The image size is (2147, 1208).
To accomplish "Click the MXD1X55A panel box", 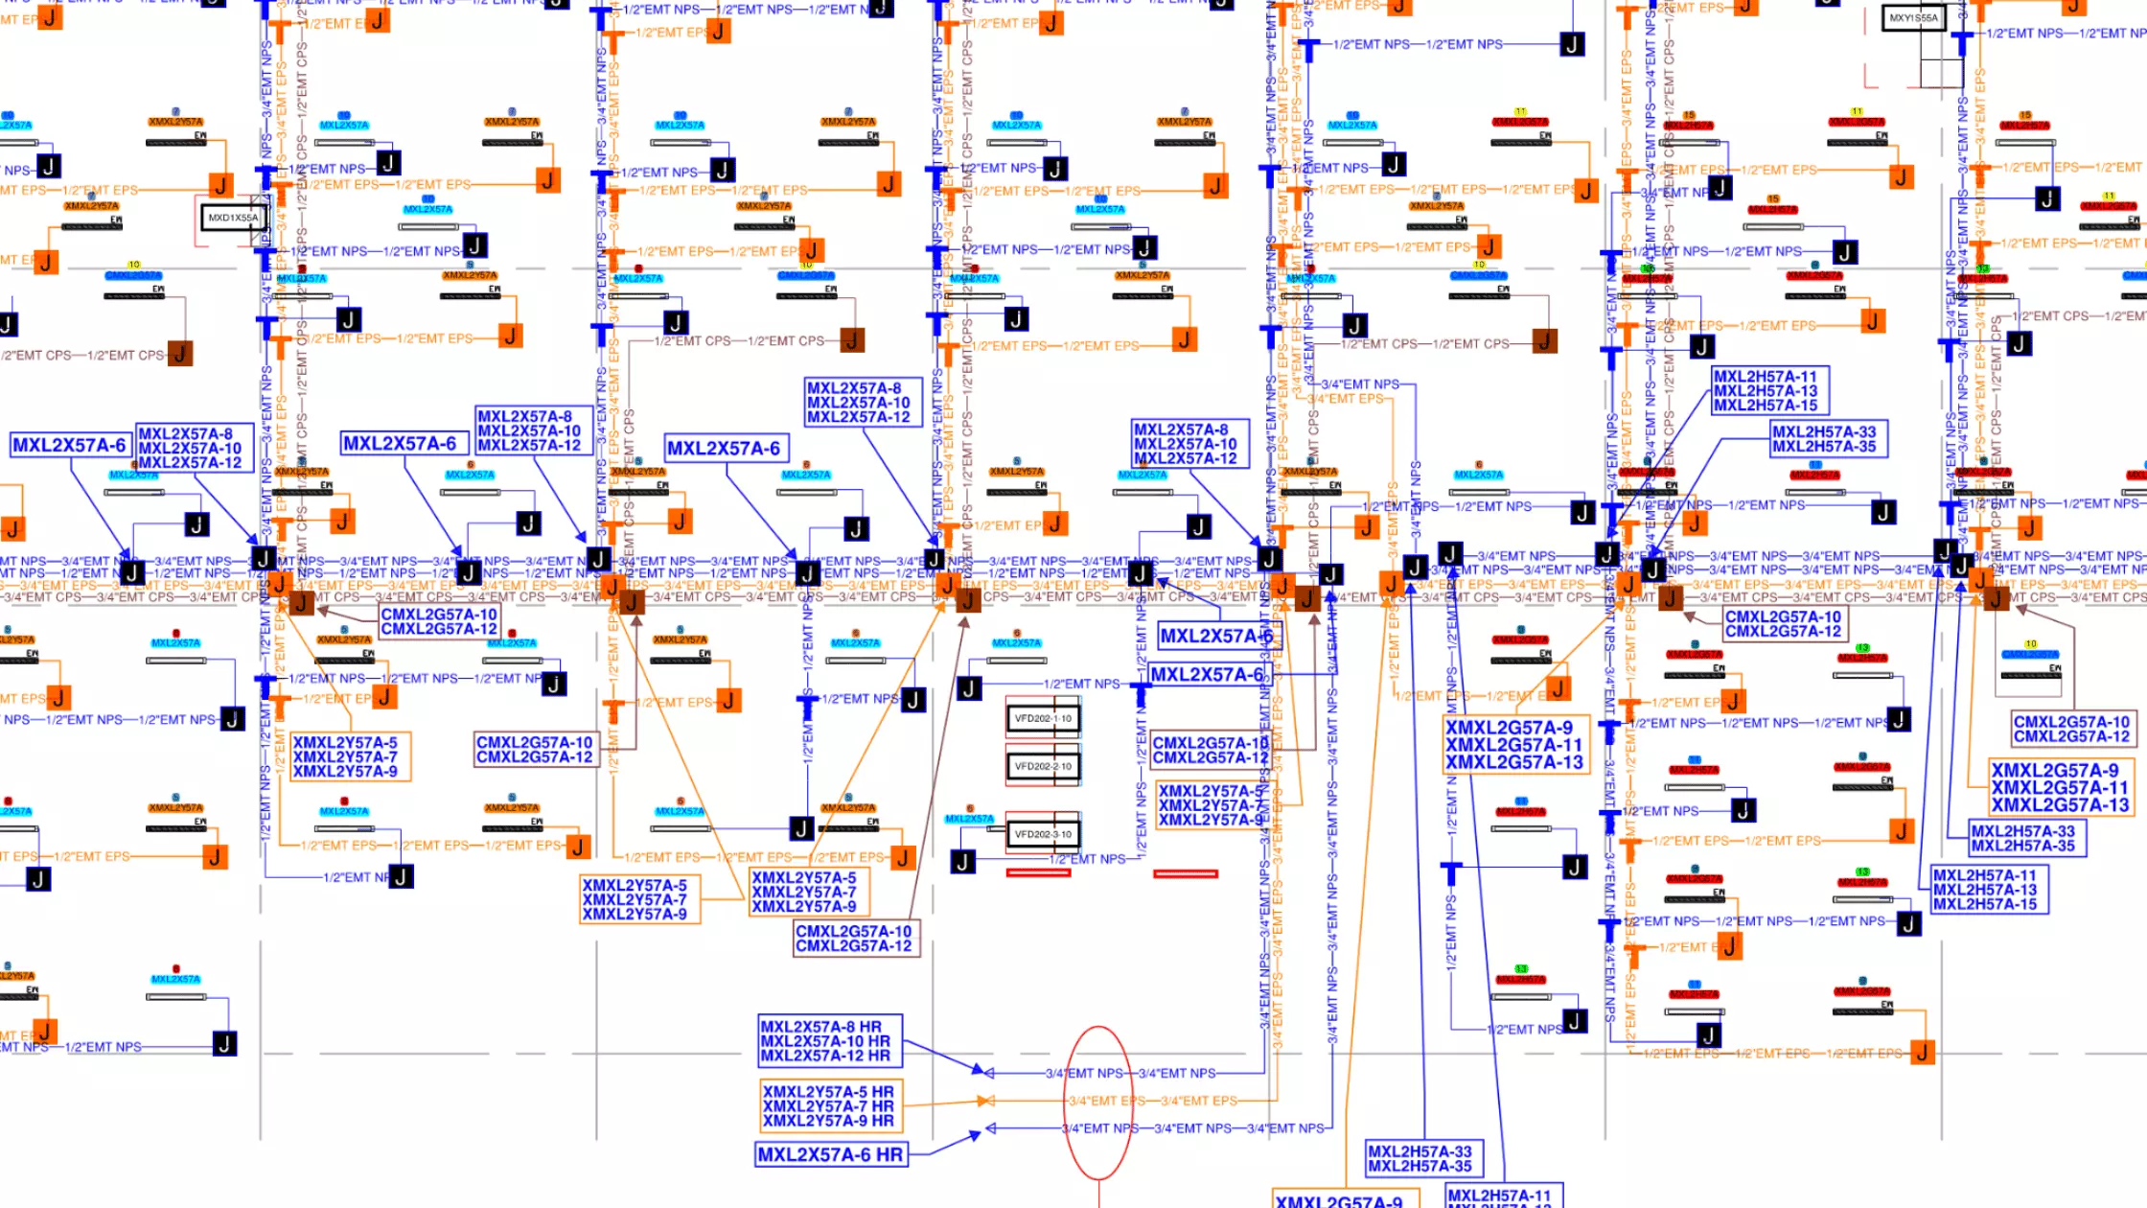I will coord(233,218).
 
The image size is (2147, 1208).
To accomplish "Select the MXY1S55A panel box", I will coord(1913,17).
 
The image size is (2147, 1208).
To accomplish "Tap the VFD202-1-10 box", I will coord(1043,718).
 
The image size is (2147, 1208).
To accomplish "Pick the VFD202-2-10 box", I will coord(1043,766).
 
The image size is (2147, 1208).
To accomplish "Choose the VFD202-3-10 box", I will coord(1043,834).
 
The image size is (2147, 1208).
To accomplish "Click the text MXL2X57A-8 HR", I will coord(820,1027).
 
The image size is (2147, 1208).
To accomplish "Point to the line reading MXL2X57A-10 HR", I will coord(824,1041).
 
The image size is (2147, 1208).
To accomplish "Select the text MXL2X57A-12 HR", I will coord(824,1056).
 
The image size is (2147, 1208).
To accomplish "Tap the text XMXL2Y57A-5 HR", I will coord(828,1092).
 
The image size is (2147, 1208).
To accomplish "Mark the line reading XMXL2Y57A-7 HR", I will coord(828,1106).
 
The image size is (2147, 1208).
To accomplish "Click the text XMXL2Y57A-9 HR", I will coord(828,1121).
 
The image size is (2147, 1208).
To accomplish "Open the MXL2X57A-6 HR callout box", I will coord(830,1155).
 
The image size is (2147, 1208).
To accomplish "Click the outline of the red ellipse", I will coord(1068,1103).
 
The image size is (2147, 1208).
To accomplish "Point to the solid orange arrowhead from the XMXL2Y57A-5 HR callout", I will coord(983,1101).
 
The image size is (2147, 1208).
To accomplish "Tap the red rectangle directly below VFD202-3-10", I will coord(1038,872).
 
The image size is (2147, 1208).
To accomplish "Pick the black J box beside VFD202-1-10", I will coord(969,688).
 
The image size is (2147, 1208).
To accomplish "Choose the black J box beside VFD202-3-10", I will coord(962,862).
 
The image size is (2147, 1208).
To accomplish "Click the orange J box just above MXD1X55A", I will coord(221,184).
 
